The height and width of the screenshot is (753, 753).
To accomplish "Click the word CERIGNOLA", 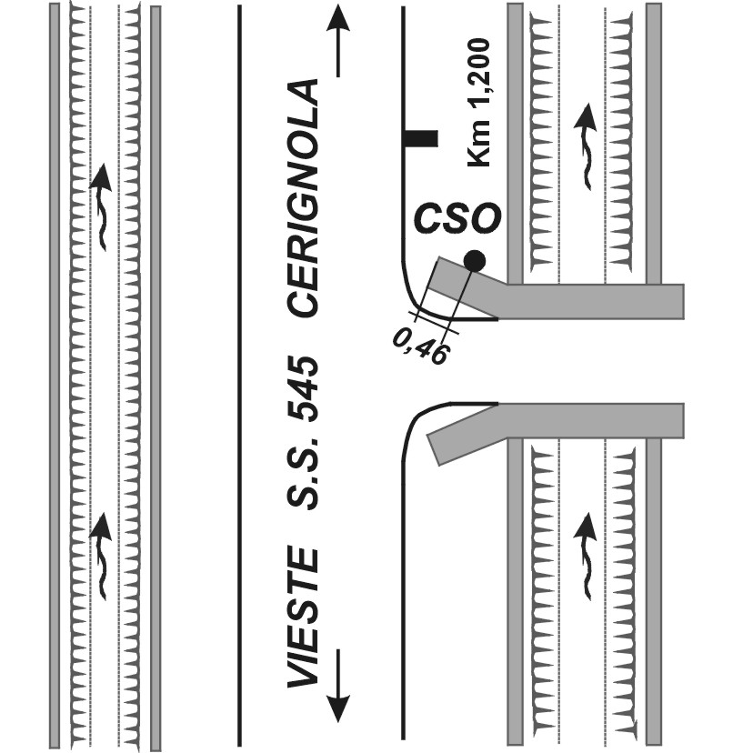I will click(x=304, y=197).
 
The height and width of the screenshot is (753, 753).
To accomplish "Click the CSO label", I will click(x=457, y=219).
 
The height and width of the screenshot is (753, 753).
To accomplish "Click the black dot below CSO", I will click(x=474, y=261).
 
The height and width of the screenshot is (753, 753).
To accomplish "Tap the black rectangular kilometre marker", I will click(x=421, y=139).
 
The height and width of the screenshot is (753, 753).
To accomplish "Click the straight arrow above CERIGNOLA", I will click(x=337, y=41).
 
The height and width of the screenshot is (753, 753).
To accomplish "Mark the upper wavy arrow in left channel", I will click(x=103, y=205).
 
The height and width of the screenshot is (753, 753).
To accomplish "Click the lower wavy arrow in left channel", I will click(x=103, y=555).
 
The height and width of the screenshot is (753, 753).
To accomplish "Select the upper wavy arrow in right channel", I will click(x=587, y=146).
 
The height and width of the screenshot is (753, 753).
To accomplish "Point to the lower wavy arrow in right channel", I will click(x=587, y=555).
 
